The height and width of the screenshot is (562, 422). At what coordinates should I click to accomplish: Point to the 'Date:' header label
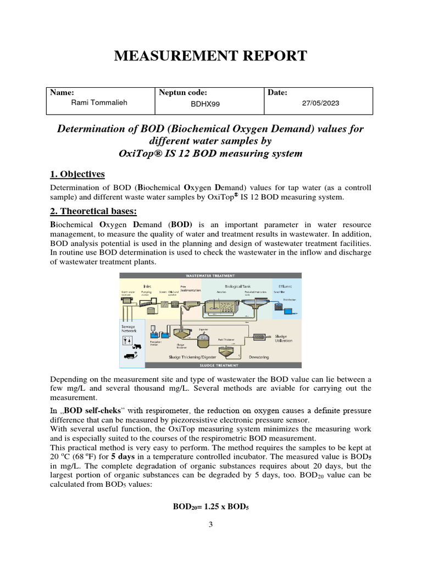coord(277,93)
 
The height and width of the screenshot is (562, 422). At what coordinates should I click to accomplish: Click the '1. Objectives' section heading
coord(77,174)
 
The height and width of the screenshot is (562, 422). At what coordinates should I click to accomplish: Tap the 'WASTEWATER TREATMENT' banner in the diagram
coord(210,276)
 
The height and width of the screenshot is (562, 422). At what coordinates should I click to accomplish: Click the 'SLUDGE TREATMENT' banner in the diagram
coord(210,365)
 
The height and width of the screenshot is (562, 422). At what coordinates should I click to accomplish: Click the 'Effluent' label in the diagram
coord(285,286)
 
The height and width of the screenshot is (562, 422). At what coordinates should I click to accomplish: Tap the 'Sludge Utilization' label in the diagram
coord(284,338)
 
